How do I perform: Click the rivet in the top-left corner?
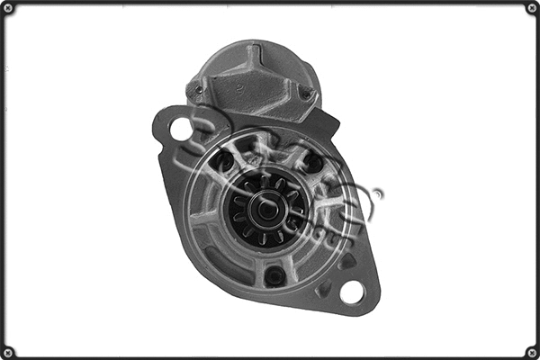point(8,8)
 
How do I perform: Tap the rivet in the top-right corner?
point(532,8)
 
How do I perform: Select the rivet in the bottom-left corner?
point(8,352)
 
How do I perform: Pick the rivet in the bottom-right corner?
point(532,352)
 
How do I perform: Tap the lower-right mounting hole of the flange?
point(352,292)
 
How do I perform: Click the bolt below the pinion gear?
point(275,275)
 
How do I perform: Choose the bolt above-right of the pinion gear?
point(313,163)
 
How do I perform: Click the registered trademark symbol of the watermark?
point(378,193)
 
